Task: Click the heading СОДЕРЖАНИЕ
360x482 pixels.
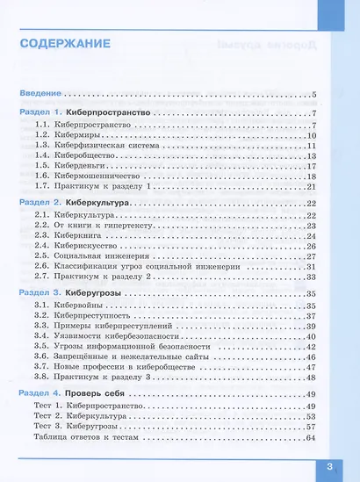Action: [66, 43]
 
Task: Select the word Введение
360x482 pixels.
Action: [41, 93]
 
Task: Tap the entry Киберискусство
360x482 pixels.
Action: [87, 246]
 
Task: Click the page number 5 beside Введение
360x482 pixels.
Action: [313, 93]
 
